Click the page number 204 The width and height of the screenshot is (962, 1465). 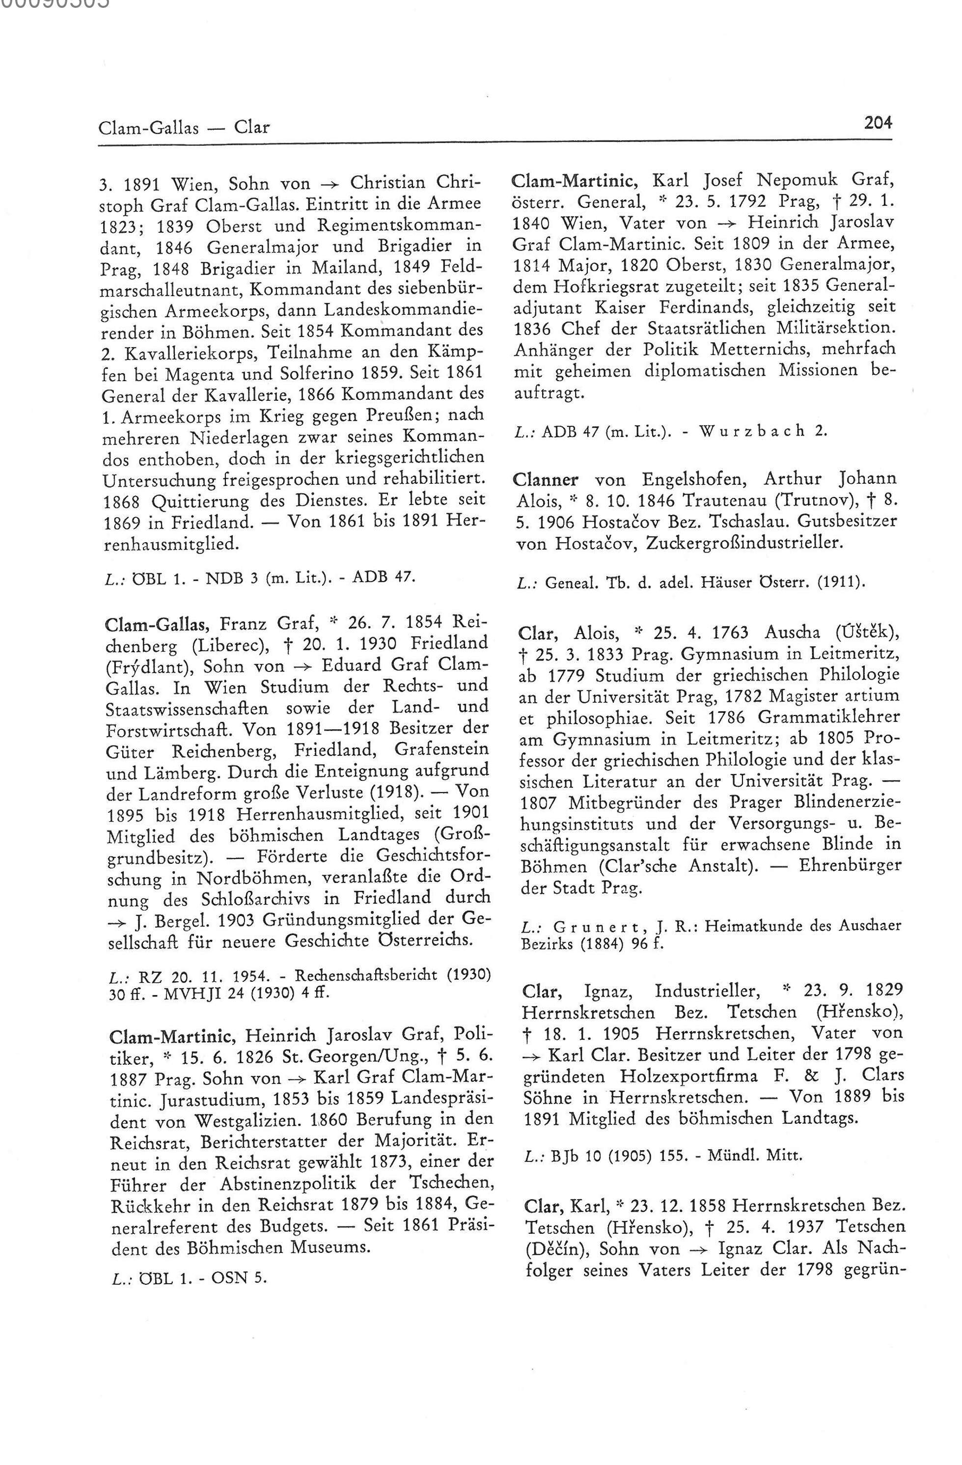pyautogui.click(x=877, y=124)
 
